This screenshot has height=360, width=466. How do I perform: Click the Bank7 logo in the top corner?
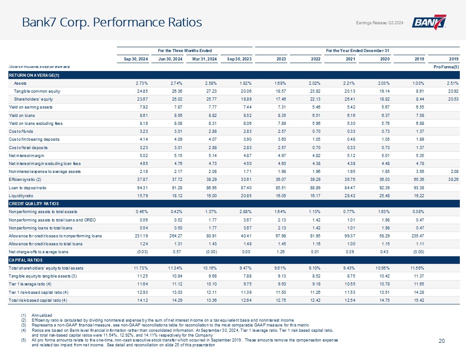429,22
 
